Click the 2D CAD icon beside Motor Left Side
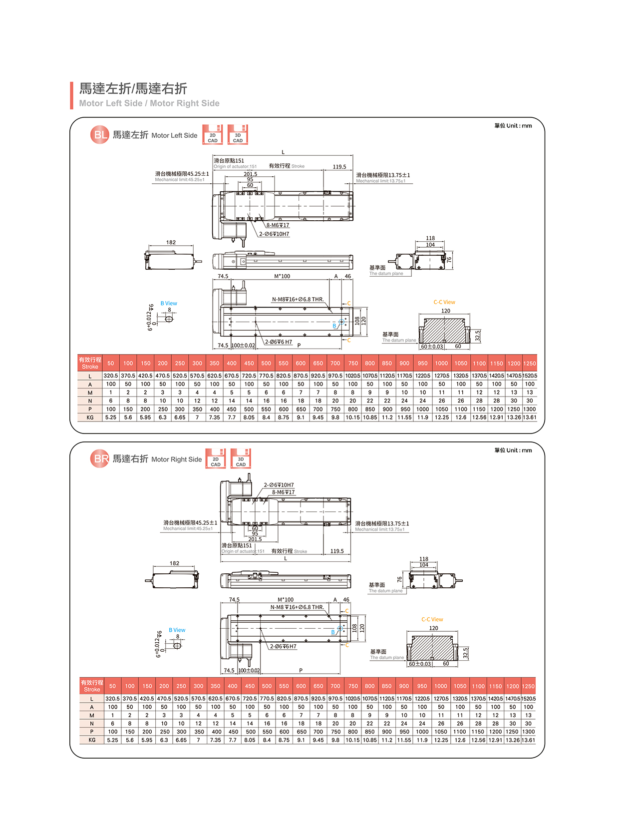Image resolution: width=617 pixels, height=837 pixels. coord(213,135)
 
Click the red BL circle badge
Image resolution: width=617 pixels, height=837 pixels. coord(99,135)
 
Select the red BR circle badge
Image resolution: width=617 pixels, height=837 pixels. coord(99,459)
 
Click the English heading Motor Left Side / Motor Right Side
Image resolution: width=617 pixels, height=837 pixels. coord(149,103)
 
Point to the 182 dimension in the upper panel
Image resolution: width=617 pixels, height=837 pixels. coord(171,243)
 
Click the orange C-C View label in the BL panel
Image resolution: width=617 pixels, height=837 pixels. coord(444,302)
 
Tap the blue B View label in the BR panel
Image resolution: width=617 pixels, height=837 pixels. coord(177,630)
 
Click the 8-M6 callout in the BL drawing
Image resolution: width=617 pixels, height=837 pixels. coord(278,225)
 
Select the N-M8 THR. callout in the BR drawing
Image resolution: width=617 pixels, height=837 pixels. coord(297,607)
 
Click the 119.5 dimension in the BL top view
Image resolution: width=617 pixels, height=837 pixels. coord(339,167)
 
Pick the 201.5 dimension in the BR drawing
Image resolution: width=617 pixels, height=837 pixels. coord(255,539)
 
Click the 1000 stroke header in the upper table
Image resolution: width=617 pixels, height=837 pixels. coord(441,364)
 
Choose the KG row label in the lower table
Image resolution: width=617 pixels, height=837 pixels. coord(92,740)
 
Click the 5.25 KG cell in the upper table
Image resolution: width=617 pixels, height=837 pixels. coord(111,418)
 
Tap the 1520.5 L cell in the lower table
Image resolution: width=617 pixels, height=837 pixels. coord(529,699)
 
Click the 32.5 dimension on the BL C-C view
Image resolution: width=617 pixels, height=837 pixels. coord(478,336)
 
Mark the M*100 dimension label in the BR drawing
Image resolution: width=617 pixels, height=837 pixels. coord(286,600)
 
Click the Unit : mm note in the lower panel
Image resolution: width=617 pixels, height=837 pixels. coord(513,450)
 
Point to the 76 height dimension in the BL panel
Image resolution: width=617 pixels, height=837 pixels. coord(449,260)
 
